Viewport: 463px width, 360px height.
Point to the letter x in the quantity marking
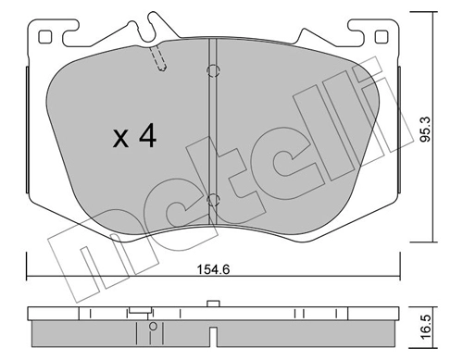[120, 140]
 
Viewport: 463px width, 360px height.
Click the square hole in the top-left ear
[44, 36]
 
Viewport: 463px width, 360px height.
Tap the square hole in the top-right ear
[380, 36]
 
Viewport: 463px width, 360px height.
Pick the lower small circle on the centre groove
[212, 198]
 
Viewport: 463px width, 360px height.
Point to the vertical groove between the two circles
[212, 134]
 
